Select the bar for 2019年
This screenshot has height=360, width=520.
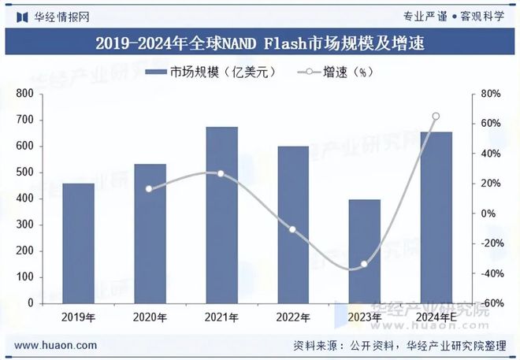tap(78, 243)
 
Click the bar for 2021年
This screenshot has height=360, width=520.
tap(221, 215)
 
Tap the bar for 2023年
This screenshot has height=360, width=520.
tap(364, 251)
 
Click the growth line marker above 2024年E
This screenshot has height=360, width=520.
tap(436, 117)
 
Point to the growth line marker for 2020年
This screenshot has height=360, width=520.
tap(150, 188)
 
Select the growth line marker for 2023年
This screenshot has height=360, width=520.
tap(364, 265)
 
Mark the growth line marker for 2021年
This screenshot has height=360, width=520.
tap(221, 173)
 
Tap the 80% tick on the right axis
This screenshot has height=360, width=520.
tap(491, 94)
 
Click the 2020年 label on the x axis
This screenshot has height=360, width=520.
tap(150, 317)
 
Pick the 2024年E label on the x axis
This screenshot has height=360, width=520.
tap(436, 317)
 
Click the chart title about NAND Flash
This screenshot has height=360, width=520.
tap(259, 44)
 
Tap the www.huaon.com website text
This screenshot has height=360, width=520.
tap(57, 345)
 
